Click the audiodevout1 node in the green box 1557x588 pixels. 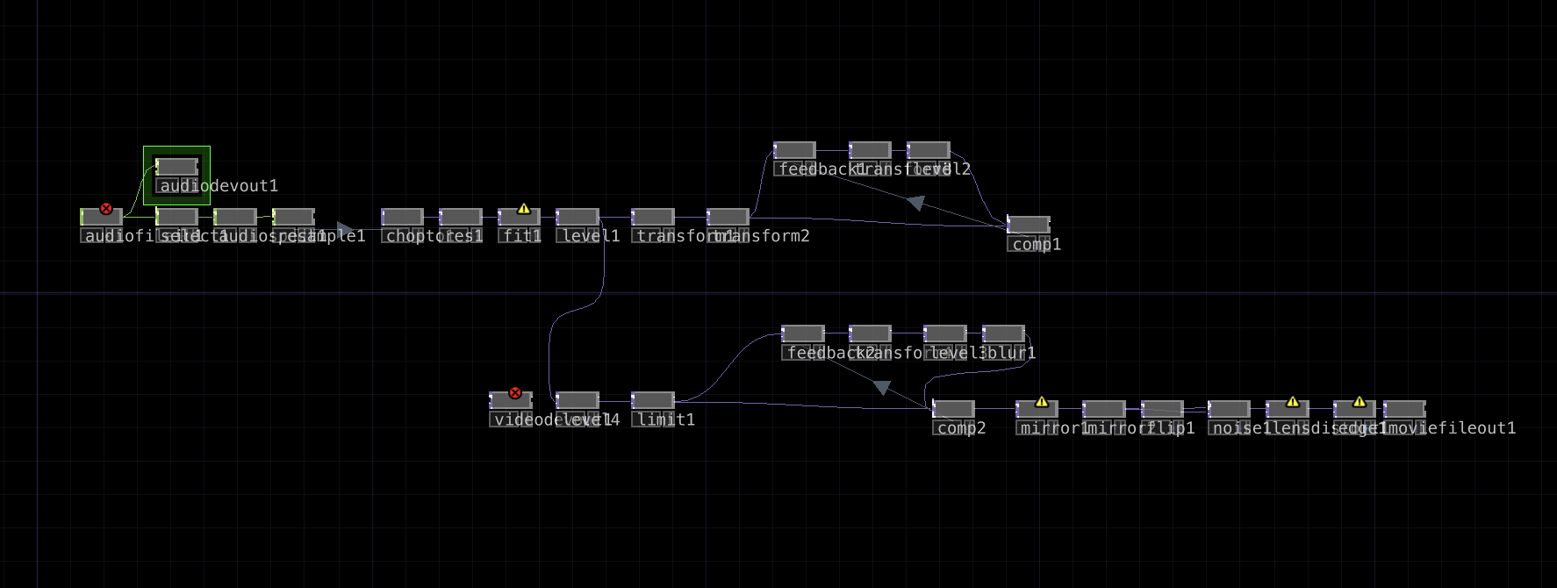tap(177, 167)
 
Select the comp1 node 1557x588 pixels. tap(1029, 225)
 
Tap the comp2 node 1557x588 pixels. tap(954, 409)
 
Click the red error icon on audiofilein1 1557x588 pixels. tap(106, 209)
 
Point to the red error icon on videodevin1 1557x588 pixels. tap(515, 393)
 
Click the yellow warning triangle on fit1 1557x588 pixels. tap(524, 209)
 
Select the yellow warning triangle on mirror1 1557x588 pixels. tap(1042, 402)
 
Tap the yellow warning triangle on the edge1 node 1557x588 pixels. tap(1360, 402)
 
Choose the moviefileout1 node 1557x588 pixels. tap(1404, 409)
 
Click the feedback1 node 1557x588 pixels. tap(795, 150)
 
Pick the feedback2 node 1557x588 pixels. tap(803, 333)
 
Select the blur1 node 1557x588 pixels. tap(1004, 333)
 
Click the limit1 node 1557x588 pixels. tap(653, 400)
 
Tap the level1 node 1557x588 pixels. tap(578, 217)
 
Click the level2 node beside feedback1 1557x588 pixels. tap(929, 150)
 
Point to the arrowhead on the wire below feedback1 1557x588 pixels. tap(915, 203)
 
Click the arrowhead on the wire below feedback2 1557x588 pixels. tap(882, 387)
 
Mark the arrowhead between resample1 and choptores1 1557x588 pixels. tap(345, 229)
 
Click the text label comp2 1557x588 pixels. tap(962, 428)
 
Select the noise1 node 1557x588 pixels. tap(1229, 409)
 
